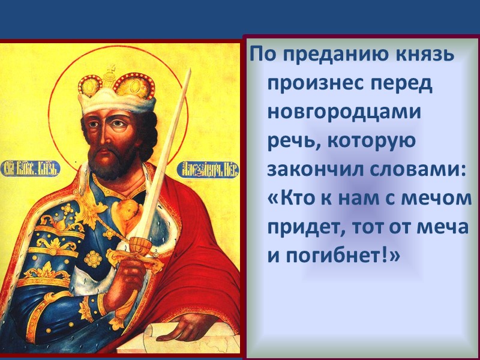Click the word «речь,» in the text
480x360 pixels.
pyautogui.click(x=293, y=141)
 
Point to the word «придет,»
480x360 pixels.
pyautogui.click(x=305, y=226)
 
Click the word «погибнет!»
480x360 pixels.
pyautogui.click(x=341, y=255)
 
